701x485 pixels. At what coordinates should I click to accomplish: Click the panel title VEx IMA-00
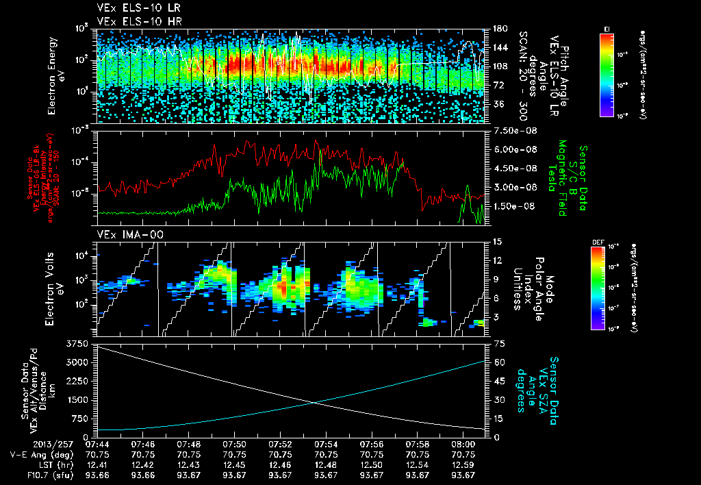(x=120, y=234)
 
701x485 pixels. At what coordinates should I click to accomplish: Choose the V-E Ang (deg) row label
(x=36, y=454)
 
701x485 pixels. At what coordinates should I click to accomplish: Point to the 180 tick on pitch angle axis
(x=498, y=29)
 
